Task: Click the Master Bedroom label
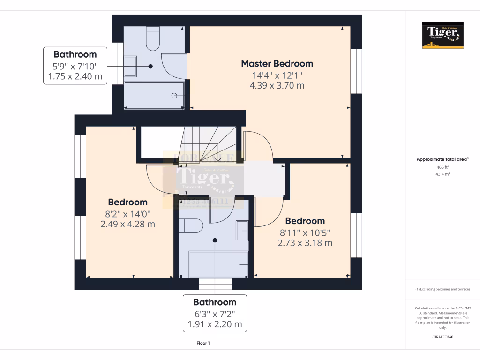[277, 63]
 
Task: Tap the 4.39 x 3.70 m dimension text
[277, 86]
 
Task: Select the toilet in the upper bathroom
[153, 39]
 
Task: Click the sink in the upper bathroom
[130, 66]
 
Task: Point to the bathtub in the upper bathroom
[154, 96]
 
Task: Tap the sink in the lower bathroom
[242, 230]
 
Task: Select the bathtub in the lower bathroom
[218, 264]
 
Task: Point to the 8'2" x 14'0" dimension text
[127, 214]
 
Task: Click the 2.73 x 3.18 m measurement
[305, 243]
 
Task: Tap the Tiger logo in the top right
[442, 35]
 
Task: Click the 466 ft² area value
[442, 167]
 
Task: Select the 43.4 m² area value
[442, 174]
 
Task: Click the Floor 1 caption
[203, 343]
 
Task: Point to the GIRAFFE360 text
[442, 337]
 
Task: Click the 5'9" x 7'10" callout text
[75, 66]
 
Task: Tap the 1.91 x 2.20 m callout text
[215, 324]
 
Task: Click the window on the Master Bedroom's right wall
[357, 70]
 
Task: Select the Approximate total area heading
[442, 159]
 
